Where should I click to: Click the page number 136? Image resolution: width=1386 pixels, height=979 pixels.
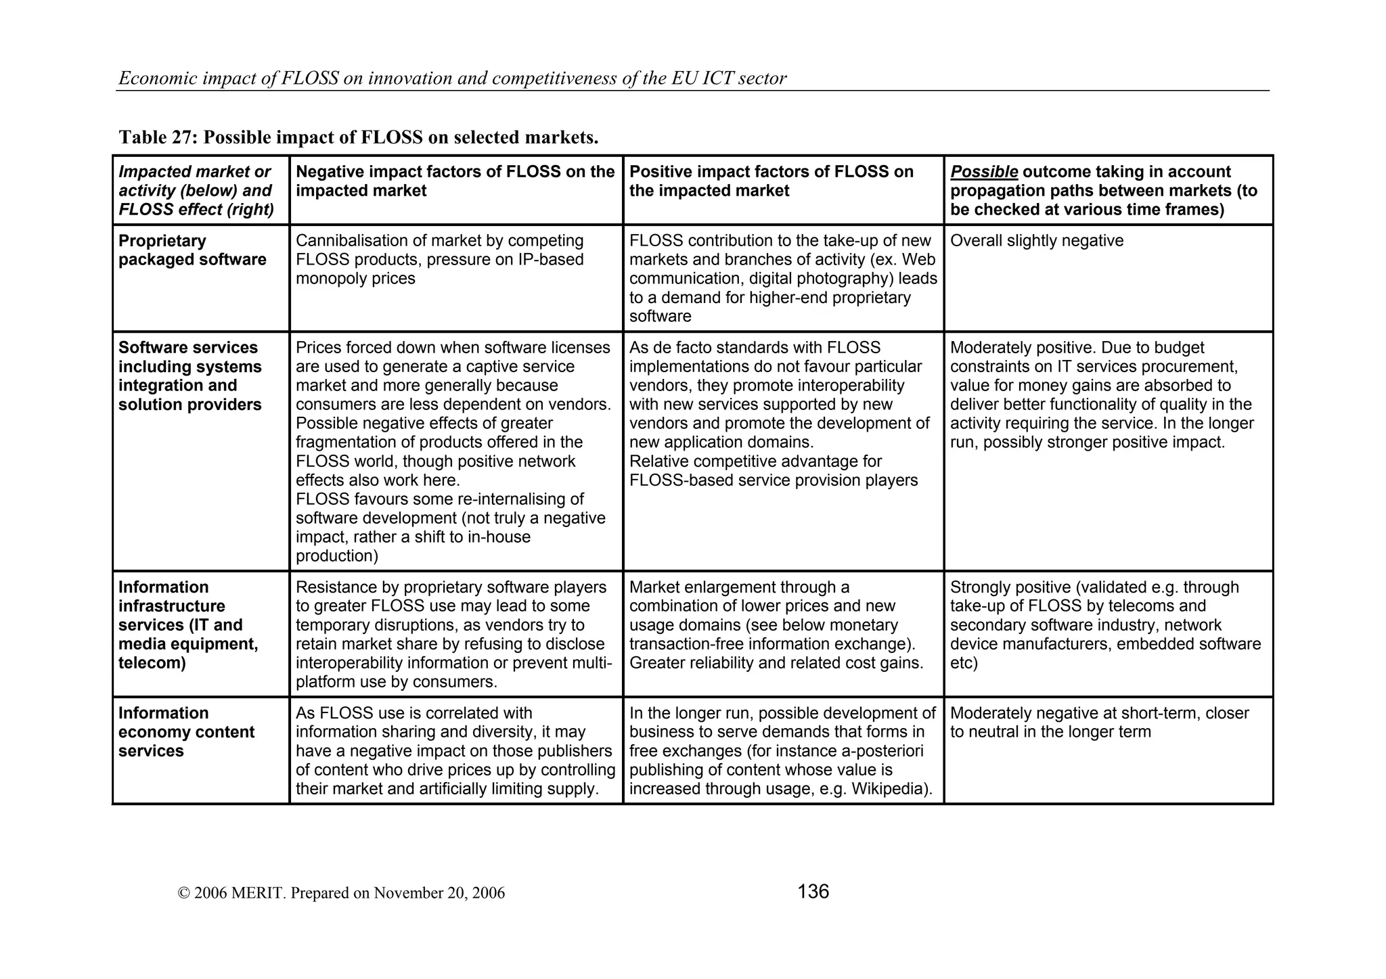pos(813,892)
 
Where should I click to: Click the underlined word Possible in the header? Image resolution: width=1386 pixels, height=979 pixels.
pos(983,172)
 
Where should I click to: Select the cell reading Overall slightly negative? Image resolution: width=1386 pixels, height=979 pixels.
pos(1036,241)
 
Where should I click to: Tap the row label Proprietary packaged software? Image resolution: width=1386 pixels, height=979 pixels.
pos(192,250)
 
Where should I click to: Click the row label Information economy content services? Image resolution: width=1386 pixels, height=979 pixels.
pos(186,732)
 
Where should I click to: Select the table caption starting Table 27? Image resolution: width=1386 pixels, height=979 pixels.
pos(358,137)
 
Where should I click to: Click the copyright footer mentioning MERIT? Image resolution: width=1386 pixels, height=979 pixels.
pos(341,893)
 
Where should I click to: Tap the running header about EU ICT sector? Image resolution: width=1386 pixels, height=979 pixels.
pos(452,78)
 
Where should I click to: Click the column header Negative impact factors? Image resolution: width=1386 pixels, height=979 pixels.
pos(455,181)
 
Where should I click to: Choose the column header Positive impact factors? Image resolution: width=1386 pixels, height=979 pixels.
pos(771,181)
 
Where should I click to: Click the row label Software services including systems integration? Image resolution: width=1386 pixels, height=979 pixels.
pos(189,376)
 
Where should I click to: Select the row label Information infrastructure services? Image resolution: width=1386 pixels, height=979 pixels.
pos(187,625)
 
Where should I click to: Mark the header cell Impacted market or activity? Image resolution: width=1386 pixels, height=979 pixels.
pos(196,191)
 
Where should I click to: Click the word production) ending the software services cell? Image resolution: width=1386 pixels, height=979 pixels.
pos(336,556)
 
